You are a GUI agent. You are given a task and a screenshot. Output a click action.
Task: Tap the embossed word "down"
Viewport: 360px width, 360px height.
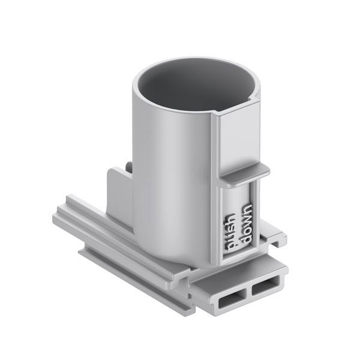[x=247, y=223]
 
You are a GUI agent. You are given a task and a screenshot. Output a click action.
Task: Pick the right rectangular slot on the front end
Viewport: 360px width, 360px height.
[x=266, y=286]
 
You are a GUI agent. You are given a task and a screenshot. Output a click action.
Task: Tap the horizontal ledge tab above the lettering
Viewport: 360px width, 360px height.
[x=245, y=173]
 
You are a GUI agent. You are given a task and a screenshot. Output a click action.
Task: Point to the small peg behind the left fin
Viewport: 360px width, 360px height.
[x=129, y=166]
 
